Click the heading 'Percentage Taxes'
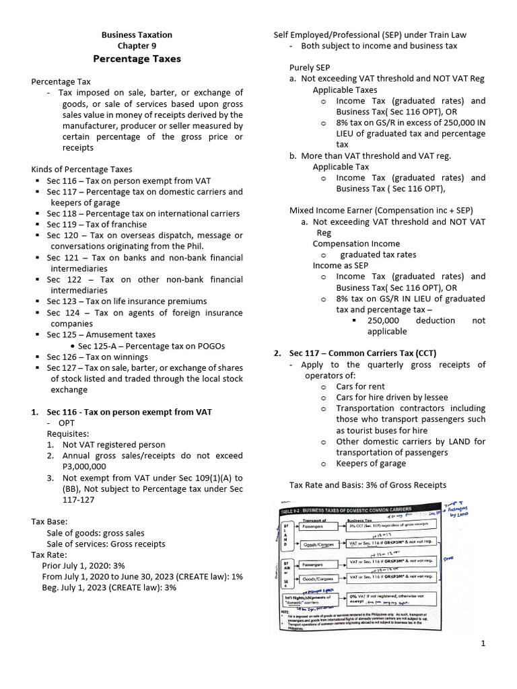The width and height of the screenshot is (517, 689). tap(137, 59)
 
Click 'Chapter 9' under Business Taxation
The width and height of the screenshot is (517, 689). tap(137, 46)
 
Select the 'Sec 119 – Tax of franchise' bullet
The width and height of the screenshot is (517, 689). tap(96, 224)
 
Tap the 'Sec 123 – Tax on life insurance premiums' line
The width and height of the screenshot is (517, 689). tap(127, 301)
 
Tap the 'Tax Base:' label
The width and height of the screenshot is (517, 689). tap(49, 521)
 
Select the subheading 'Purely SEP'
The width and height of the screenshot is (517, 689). tap(310, 68)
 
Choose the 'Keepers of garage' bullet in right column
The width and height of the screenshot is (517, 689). tap(371, 463)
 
